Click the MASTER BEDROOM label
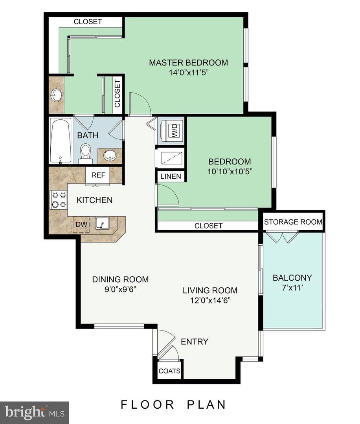point(188,62)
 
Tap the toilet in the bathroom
point(85,154)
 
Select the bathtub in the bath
point(61,140)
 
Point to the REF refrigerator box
point(98,175)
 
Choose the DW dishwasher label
point(81,224)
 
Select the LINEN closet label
point(171,176)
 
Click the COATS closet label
point(170,371)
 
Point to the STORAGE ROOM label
point(293,222)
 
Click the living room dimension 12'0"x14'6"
point(210,300)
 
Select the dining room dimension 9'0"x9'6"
point(120,289)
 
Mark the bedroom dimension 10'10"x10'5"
point(230,171)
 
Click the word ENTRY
point(194,342)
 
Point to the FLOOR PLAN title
point(173,404)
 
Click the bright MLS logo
point(35,412)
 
